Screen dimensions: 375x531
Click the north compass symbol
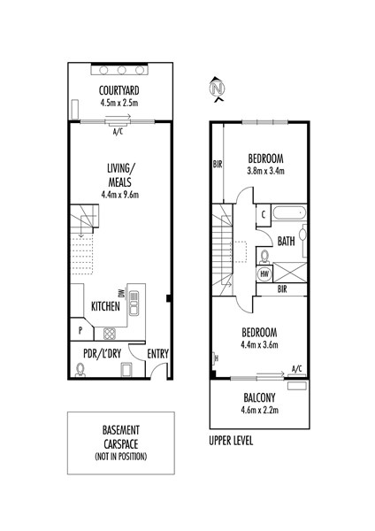(x=218, y=89)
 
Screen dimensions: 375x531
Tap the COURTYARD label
(x=119, y=91)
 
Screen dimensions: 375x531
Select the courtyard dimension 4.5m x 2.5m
(x=119, y=103)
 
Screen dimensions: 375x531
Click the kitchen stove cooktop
(x=110, y=334)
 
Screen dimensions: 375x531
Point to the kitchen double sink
(x=134, y=303)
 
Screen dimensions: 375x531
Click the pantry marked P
(x=81, y=329)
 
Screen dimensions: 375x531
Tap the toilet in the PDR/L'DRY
(x=80, y=369)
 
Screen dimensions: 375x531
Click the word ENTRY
(x=157, y=354)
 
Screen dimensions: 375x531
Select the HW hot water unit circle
(x=264, y=274)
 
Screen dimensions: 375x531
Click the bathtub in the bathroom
(x=289, y=213)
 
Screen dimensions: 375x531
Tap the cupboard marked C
(x=264, y=215)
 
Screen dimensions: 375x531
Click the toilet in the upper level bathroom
(x=264, y=258)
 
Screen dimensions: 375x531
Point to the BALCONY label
(x=260, y=397)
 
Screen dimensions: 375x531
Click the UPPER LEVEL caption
(x=231, y=441)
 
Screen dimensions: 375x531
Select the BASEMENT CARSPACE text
(x=121, y=437)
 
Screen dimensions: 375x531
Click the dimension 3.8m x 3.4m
(x=265, y=171)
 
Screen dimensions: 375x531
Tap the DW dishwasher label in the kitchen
(x=123, y=293)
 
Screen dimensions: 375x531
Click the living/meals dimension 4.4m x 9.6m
(x=119, y=195)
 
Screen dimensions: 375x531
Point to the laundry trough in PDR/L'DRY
(x=126, y=369)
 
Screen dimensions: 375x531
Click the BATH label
(x=287, y=242)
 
